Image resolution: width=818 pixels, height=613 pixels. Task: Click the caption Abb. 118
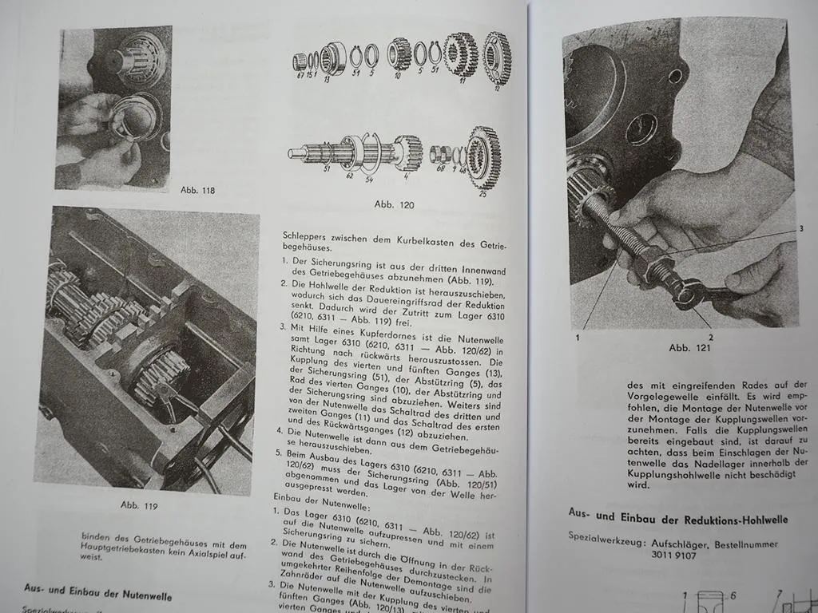(198, 190)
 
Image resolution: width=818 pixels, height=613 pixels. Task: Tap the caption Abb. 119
(141, 505)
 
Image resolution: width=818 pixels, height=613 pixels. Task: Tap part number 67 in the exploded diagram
(300, 75)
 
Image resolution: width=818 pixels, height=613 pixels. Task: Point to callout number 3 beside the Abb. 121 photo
(800, 229)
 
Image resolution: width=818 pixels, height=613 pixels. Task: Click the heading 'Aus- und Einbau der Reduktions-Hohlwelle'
(678, 520)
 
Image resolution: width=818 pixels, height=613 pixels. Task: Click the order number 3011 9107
(673, 556)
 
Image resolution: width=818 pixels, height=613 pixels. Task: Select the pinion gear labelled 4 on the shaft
(408, 151)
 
